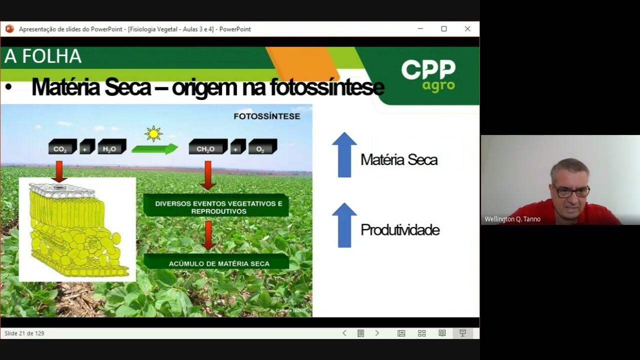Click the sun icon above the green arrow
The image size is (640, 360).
(x=153, y=133)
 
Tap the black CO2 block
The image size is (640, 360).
(x=61, y=147)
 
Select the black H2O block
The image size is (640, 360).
(x=111, y=147)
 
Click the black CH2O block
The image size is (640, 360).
(x=207, y=147)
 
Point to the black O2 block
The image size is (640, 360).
(x=262, y=147)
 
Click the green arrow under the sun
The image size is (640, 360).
(x=154, y=149)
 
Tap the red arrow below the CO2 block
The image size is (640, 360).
(x=59, y=171)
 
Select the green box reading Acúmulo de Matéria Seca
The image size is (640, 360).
(x=216, y=262)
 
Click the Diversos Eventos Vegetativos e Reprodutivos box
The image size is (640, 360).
(x=216, y=206)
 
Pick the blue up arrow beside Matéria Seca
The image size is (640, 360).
(x=344, y=155)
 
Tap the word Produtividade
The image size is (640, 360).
(x=400, y=230)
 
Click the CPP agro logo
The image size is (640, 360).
(x=428, y=75)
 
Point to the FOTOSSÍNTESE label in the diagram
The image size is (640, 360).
(x=267, y=116)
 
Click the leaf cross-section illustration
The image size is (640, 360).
(x=77, y=229)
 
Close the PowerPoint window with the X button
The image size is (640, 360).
(x=467, y=29)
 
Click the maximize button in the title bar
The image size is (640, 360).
(x=443, y=29)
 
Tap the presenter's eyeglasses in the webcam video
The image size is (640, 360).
(x=571, y=190)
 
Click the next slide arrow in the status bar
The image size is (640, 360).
(x=377, y=333)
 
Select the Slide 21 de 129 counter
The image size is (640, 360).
(x=24, y=333)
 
